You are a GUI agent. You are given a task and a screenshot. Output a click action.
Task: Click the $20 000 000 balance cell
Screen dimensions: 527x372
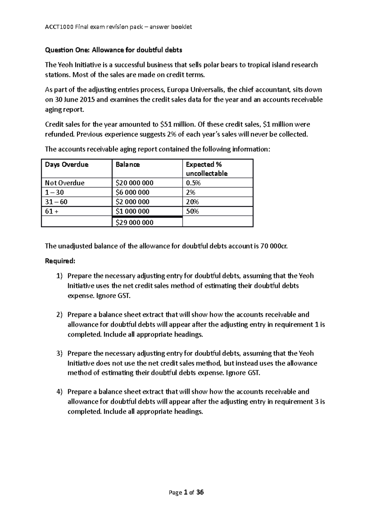tap(134, 183)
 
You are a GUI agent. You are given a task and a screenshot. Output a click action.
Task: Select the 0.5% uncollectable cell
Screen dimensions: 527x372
tap(193, 183)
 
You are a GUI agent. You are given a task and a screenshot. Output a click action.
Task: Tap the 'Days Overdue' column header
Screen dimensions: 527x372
tap(67, 164)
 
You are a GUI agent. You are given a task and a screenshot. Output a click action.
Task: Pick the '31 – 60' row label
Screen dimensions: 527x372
tap(56, 202)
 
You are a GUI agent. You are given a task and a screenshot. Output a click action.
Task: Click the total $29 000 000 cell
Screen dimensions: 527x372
tap(134, 223)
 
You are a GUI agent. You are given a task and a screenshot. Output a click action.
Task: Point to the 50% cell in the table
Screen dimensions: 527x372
tap(192, 211)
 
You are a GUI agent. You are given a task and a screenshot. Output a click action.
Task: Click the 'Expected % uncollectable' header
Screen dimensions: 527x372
tap(206, 169)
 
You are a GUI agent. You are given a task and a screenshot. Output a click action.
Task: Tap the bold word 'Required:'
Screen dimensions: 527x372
tap(60, 261)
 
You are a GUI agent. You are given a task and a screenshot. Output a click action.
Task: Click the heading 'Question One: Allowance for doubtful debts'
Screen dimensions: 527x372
tap(113, 50)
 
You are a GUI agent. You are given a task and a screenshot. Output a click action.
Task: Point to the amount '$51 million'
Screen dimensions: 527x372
tap(178, 124)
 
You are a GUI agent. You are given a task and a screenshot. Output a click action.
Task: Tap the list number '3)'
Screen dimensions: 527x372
tap(60, 353)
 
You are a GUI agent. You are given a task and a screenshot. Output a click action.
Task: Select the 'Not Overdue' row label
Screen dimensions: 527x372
tap(64, 183)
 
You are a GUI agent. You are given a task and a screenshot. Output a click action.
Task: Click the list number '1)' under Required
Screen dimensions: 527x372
tap(60, 276)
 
